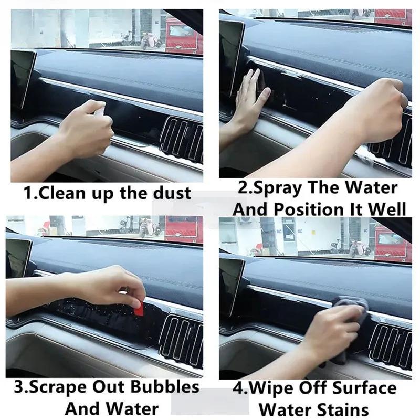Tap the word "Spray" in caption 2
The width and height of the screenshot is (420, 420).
coord(277,189)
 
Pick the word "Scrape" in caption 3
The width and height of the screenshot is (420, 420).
coord(58,388)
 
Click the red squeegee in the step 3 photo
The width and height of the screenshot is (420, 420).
coord(138,309)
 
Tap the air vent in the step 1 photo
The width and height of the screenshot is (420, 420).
coord(182,139)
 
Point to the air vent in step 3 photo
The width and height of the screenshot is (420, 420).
coord(181,340)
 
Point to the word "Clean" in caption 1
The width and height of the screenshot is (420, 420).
coord(61,193)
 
